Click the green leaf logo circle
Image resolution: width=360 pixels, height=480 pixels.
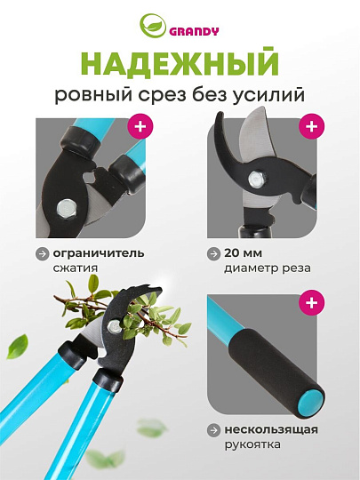pos(153,26)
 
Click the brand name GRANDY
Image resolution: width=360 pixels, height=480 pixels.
pos(194,31)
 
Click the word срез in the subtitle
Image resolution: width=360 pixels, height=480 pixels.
pos(162,95)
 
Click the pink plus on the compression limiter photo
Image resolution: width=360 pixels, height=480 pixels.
pos(140,126)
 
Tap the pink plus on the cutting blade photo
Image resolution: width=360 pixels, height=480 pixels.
pos(312,126)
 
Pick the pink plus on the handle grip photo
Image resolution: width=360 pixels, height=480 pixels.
pos(312,302)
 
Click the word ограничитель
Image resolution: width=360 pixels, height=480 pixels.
pos(99,253)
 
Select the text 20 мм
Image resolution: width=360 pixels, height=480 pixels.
pos(243,253)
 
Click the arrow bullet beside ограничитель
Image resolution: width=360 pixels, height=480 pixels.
pos(43,253)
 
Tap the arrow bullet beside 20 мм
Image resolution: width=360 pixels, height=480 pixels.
pos(213,253)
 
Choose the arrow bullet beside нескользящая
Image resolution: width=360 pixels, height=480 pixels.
pos(213,430)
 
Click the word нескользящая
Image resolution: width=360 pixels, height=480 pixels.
pos(271,430)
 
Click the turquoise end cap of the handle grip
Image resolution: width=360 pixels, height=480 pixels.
pos(310,404)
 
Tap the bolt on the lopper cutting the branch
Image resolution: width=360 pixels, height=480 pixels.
pos(115,326)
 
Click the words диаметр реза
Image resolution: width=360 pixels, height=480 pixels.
pos(268,268)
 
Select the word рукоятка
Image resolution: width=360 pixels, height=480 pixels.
pos(252,444)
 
